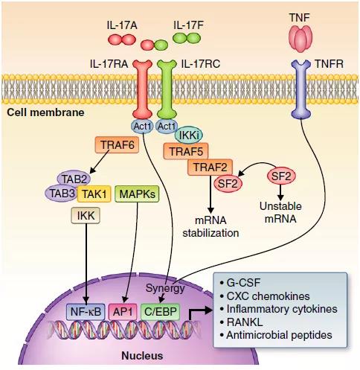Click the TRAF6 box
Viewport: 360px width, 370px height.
coord(117,144)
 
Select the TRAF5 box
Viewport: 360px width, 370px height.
coord(186,151)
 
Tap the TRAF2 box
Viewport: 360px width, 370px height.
coord(210,167)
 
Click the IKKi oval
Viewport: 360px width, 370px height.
coord(189,135)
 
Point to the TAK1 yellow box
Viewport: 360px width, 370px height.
coord(94,194)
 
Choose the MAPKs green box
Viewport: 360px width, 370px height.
coord(137,194)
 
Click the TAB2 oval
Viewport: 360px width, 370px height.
coord(74,179)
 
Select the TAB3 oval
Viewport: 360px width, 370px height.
coord(62,194)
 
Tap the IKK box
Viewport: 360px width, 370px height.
coord(86,216)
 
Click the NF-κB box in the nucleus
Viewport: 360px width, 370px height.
coord(86,312)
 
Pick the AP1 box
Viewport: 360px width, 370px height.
coord(123,312)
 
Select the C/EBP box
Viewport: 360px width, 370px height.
coord(160,312)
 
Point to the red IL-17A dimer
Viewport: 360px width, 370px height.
coord(122,39)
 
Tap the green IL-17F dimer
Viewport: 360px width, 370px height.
coord(187,38)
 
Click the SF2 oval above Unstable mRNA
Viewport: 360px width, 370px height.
coord(281,176)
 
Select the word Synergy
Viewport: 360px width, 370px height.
coord(165,288)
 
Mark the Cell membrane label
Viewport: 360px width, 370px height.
coord(45,112)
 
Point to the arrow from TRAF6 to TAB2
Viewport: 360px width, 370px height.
coord(100,162)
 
